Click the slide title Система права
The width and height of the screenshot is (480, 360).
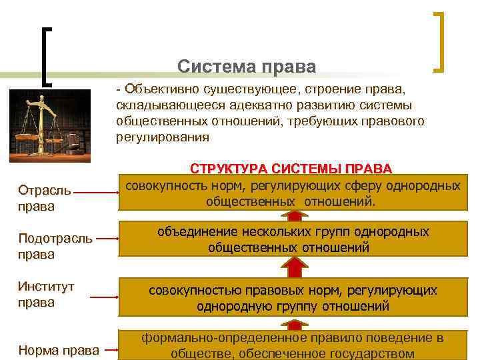pyautogui.click(x=246, y=67)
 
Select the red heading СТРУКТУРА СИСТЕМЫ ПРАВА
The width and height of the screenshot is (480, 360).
pyautogui.click(x=291, y=169)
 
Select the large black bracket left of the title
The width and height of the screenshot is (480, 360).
pyautogui.click(x=47, y=56)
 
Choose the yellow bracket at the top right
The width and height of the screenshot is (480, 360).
pyautogui.click(x=440, y=41)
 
